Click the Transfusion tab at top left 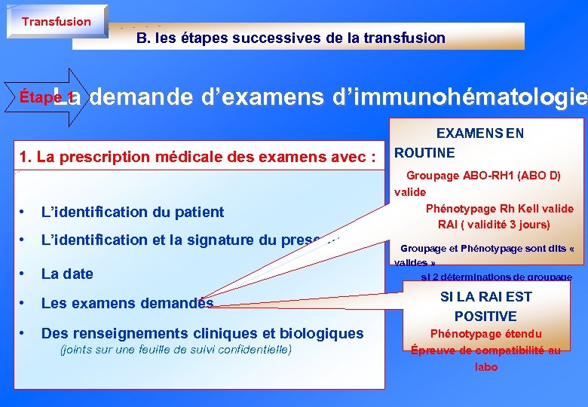coord(56,22)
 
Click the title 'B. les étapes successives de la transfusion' coord(290,38)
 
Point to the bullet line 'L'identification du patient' coord(133,213)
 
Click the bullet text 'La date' coord(67,274)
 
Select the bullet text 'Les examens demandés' coord(127,304)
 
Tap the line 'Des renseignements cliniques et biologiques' coord(202,333)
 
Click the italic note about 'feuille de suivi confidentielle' coord(175,350)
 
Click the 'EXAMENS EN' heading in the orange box coord(480,133)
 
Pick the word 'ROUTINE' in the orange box coord(425,153)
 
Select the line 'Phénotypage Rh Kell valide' coord(499,209)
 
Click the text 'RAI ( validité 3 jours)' coord(494,225)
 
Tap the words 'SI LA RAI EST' coord(485,297)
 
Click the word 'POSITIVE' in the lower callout coord(485,317)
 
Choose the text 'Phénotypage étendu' coord(485,334)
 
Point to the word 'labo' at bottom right coord(485,367)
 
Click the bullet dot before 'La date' coord(25,274)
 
